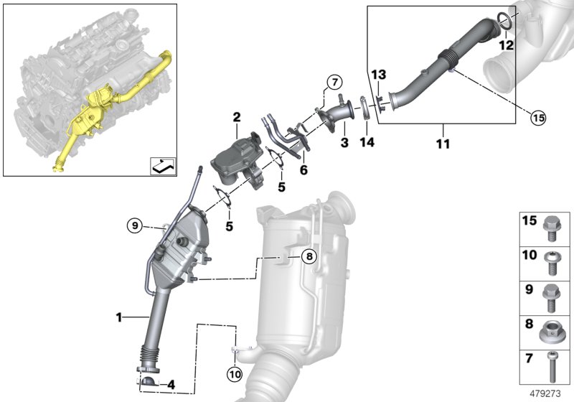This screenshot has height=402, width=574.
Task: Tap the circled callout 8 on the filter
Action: (x=308, y=256)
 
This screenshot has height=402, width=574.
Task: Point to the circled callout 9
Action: (x=135, y=225)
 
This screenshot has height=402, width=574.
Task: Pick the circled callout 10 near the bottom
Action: (x=236, y=373)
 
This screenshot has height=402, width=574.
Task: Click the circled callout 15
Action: (x=537, y=118)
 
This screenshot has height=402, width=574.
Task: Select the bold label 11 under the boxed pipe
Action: (x=443, y=144)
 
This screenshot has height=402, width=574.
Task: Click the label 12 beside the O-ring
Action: (x=507, y=45)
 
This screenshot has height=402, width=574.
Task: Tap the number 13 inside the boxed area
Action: (x=378, y=75)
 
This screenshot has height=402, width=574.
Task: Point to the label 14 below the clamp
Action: (x=367, y=143)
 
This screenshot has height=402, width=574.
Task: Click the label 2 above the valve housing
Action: (x=235, y=116)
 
